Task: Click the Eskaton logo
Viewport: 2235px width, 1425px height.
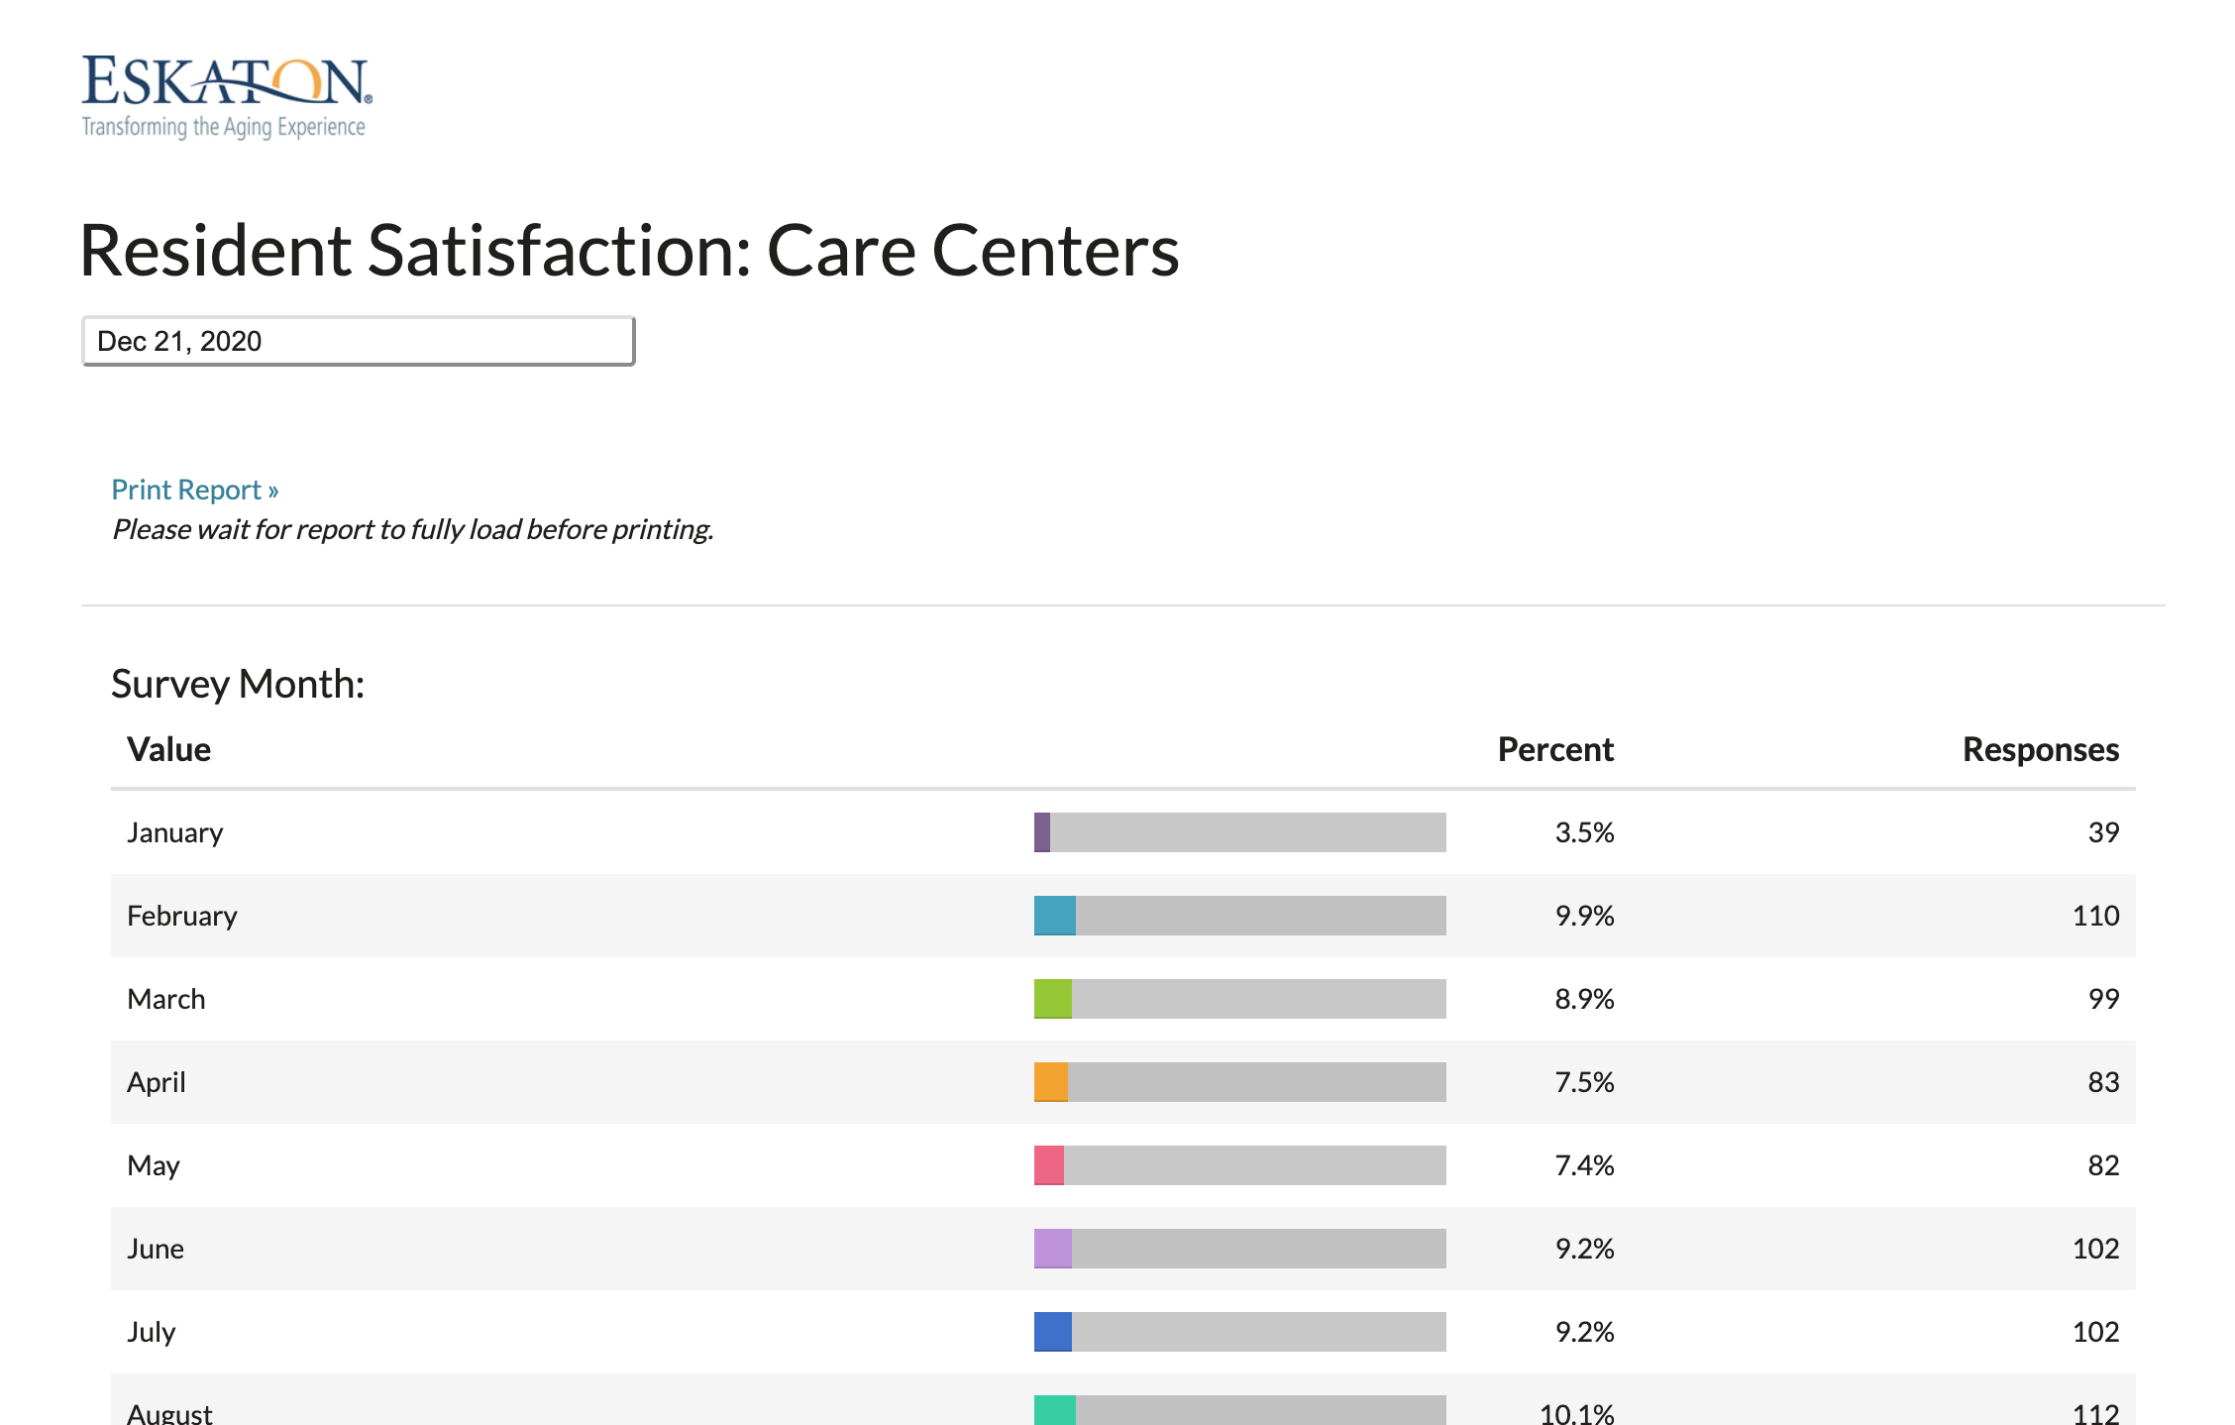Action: point(226,96)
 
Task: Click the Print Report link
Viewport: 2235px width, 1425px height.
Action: point(194,490)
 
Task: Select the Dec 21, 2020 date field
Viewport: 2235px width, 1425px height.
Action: point(358,341)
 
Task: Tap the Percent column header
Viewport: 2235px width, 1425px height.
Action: point(1555,749)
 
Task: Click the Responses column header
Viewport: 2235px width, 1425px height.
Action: point(2040,749)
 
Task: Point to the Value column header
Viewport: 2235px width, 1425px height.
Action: point(169,749)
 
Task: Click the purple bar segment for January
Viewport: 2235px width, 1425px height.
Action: point(1042,832)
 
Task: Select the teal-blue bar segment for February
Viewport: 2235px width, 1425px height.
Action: point(1055,916)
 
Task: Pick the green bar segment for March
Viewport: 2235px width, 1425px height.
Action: point(1053,999)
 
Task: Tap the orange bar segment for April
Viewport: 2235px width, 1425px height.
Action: point(1051,1082)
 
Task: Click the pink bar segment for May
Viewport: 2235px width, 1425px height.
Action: point(1049,1165)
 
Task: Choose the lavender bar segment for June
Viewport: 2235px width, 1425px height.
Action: point(1053,1249)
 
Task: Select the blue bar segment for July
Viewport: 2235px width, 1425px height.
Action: point(1053,1332)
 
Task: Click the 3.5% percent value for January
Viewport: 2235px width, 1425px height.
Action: point(1584,832)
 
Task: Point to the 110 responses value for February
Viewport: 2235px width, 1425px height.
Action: point(2095,916)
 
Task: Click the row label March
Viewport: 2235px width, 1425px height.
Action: point(166,999)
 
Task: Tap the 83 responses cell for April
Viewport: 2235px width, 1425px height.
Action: point(2103,1082)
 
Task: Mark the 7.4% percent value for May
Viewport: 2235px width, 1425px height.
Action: point(1584,1165)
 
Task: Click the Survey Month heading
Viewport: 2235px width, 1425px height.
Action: point(238,684)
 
